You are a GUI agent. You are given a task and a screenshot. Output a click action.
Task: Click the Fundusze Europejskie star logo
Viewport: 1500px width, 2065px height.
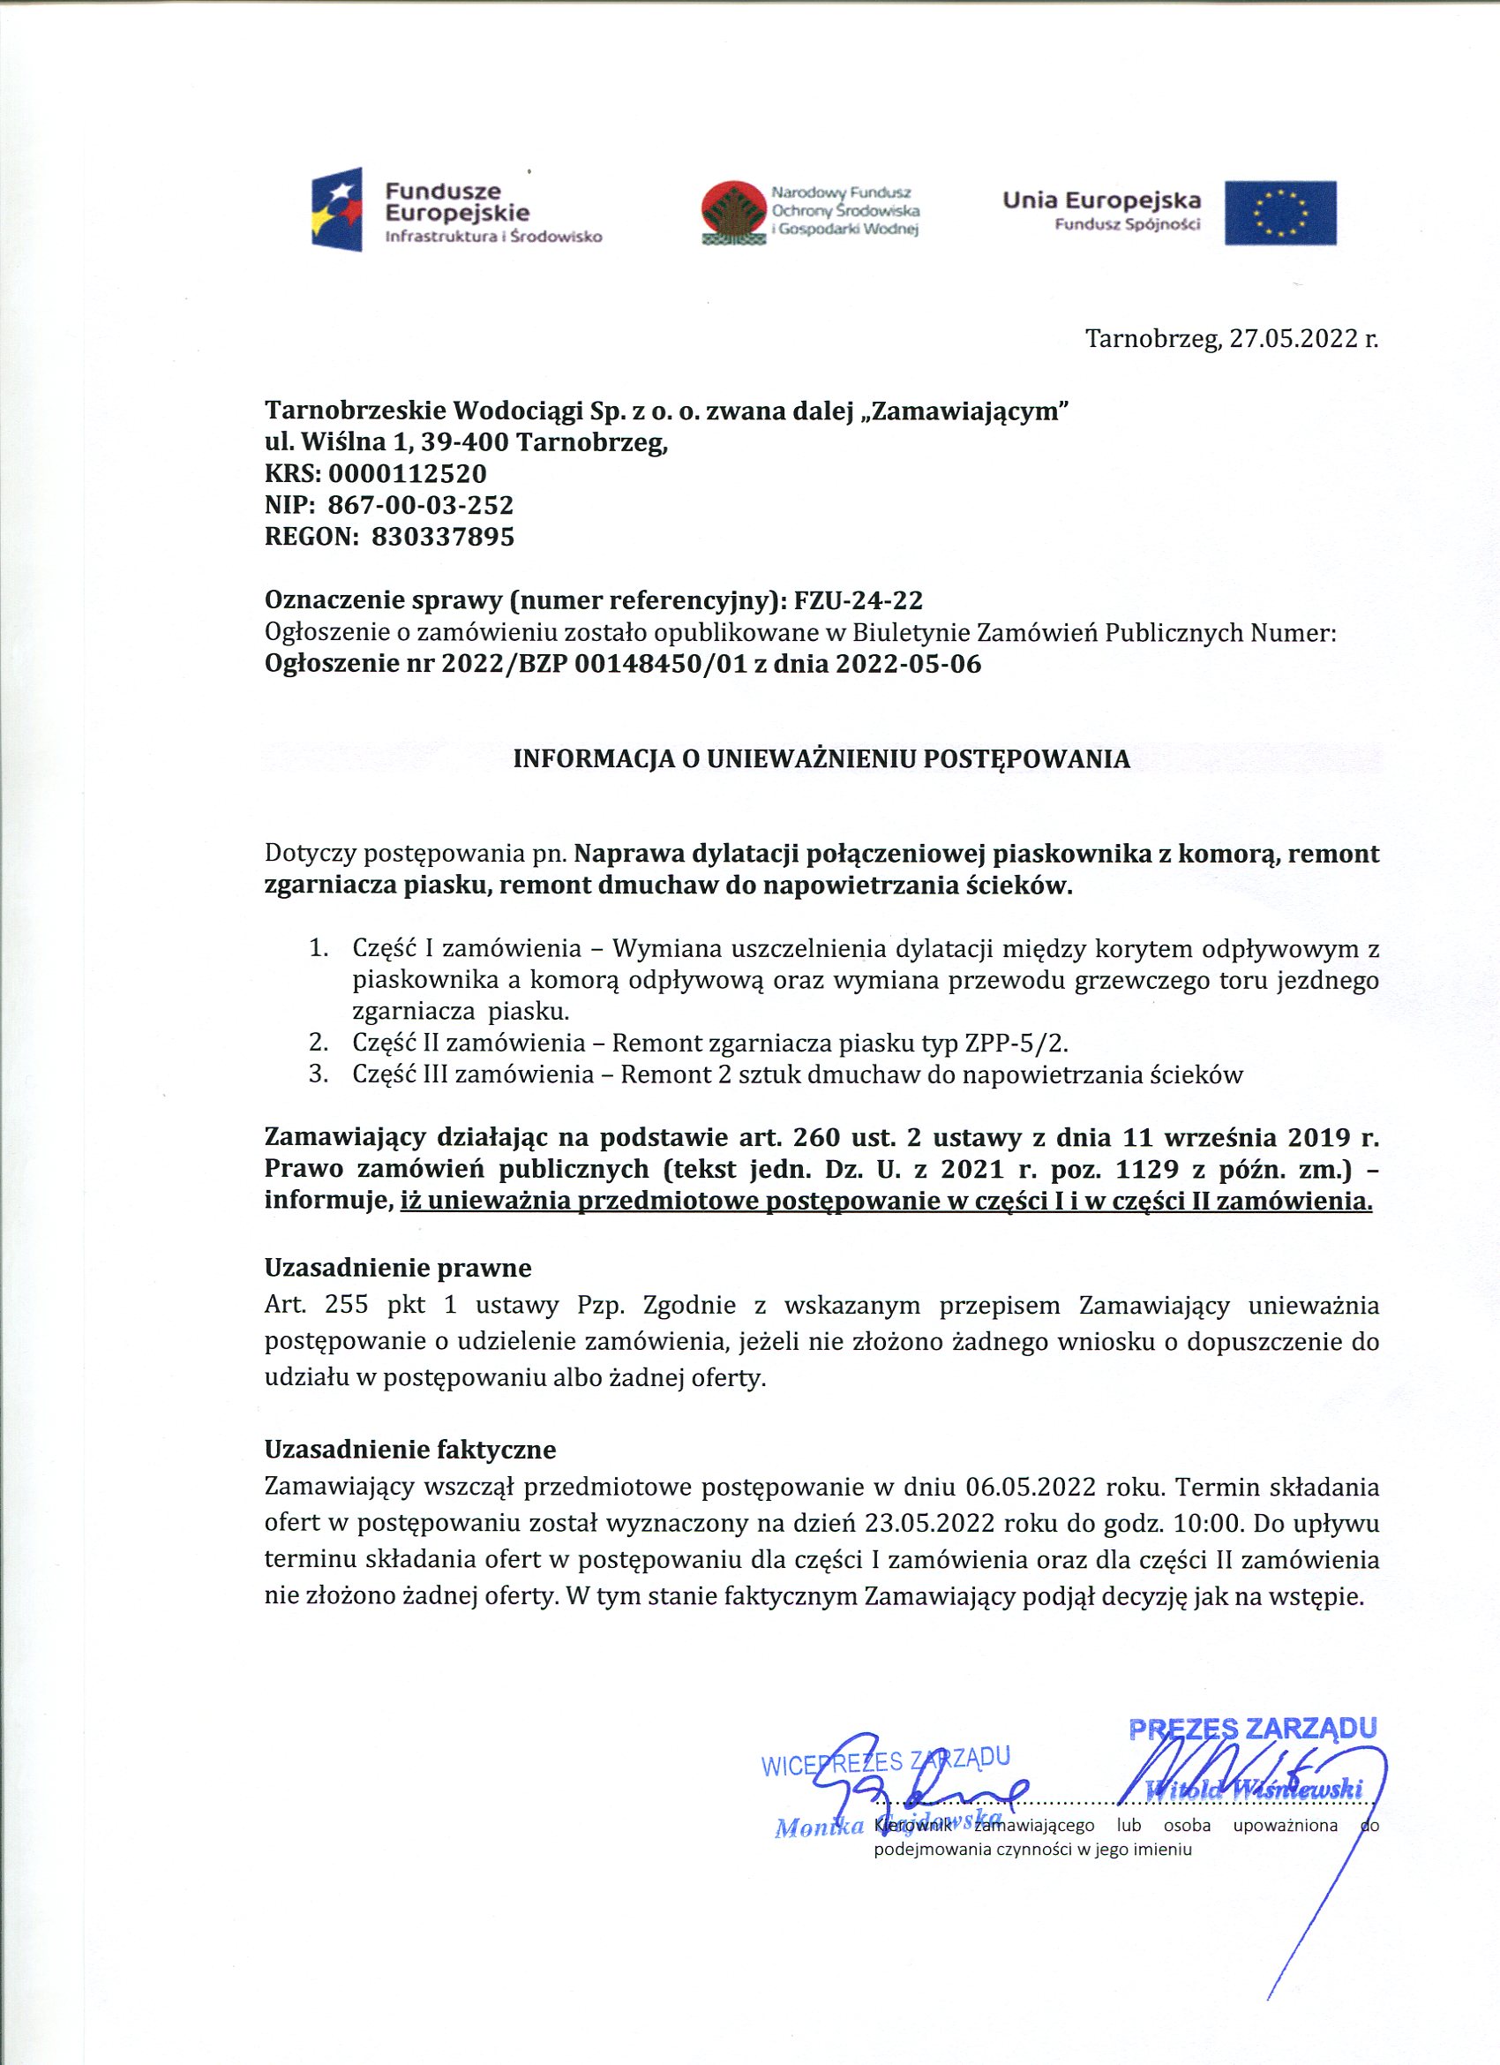pyautogui.click(x=337, y=209)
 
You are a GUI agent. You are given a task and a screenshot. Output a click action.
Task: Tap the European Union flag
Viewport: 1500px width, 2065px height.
pyautogui.click(x=1279, y=213)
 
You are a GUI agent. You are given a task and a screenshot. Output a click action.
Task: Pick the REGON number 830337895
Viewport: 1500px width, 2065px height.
pyautogui.click(x=442, y=536)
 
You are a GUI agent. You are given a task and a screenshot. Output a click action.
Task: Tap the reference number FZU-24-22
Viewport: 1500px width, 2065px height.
pyautogui.click(x=859, y=601)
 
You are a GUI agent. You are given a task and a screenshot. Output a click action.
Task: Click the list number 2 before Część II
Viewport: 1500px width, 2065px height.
pyautogui.click(x=318, y=1043)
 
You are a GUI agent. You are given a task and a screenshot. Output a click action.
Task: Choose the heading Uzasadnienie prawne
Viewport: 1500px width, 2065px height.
pyautogui.click(x=398, y=1269)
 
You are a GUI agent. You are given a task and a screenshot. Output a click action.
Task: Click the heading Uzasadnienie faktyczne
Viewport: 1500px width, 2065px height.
pyautogui.click(x=409, y=1450)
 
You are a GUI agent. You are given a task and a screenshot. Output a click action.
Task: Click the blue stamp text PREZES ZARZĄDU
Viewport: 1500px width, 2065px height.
pyautogui.click(x=1252, y=1729)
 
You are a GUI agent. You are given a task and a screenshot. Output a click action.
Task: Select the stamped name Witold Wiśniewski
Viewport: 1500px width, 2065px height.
pyautogui.click(x=1259, y=1790)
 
